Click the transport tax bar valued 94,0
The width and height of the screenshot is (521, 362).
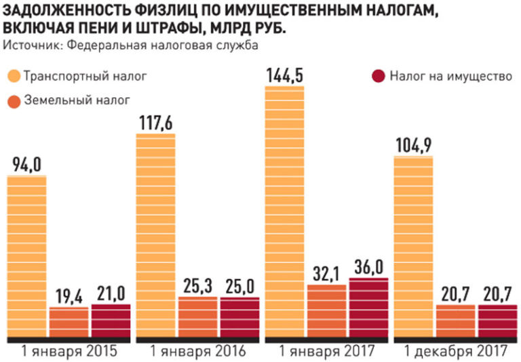[x=27, y=255]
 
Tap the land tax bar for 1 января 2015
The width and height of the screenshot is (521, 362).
[x=69, y=321]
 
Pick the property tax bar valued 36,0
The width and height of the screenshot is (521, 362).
[x=368, y=306]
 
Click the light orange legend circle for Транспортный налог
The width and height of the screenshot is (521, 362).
[x=14, y=75]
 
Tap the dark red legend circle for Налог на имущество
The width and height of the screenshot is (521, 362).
[x=378, y=75]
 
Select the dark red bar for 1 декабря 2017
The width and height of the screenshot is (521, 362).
[x=497, y=320]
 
